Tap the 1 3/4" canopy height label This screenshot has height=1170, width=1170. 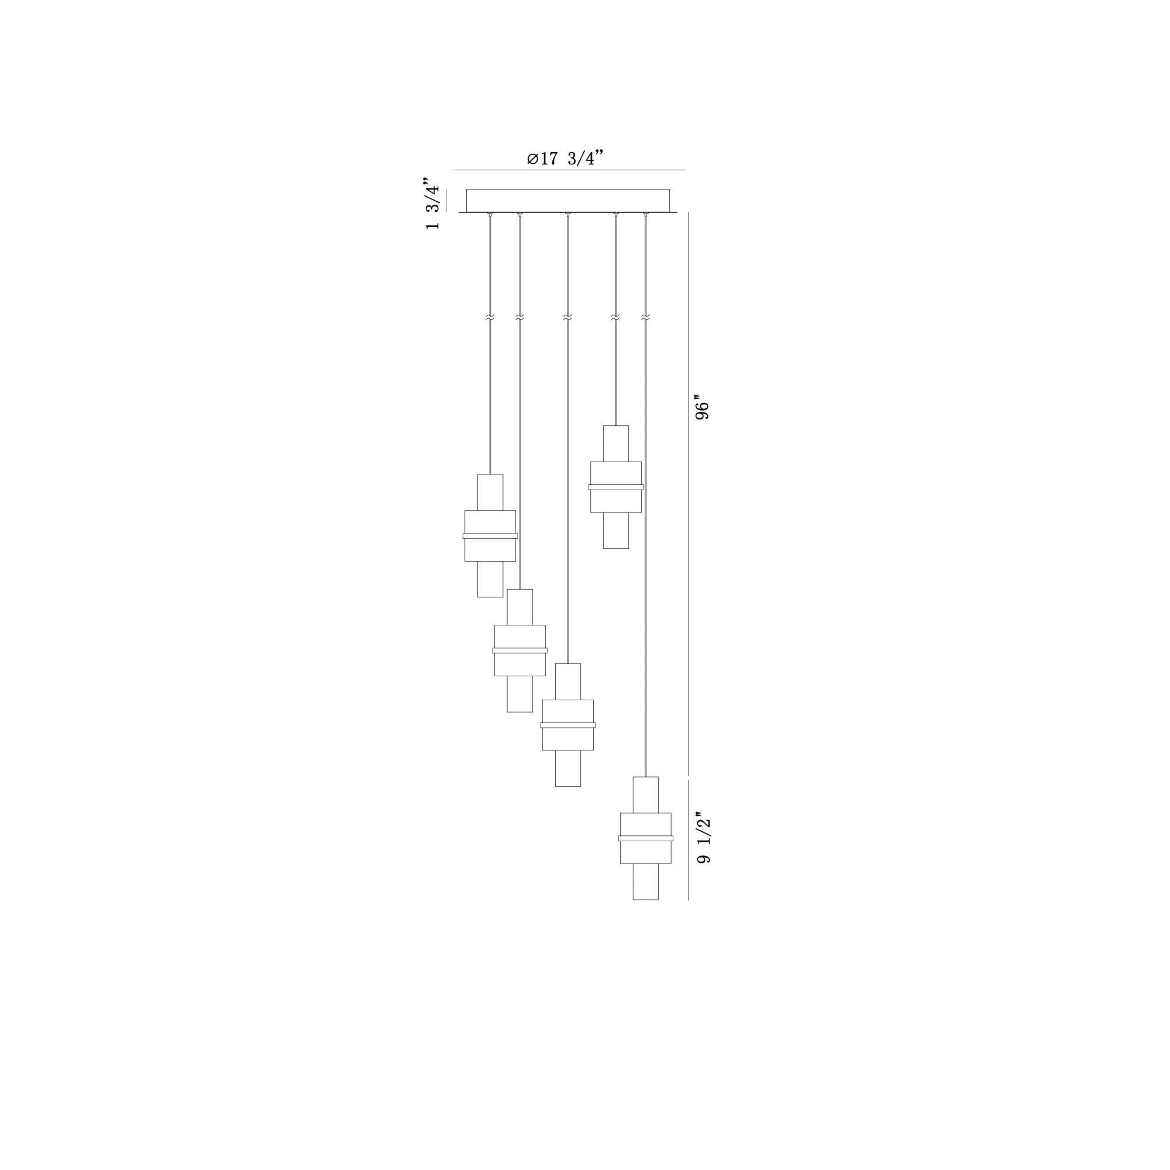(432, 204)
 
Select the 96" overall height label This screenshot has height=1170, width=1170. (702, 410)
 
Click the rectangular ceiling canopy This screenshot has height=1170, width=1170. (568, 201)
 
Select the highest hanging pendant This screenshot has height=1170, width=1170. (616, 487)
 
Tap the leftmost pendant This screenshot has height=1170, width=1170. (490, 535)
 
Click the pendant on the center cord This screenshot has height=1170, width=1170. (568, 725)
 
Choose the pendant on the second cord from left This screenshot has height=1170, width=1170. (519, 651)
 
